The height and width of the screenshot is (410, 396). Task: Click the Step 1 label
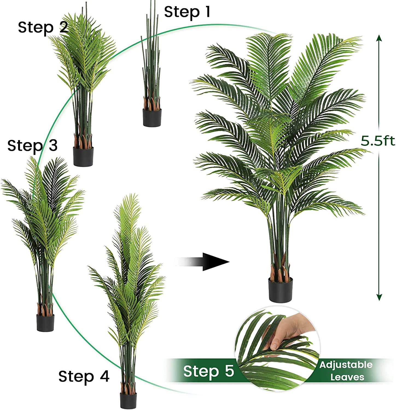tap(187, 12)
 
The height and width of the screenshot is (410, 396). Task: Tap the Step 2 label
tap(43, 27)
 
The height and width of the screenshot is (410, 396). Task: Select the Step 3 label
tap(33, 145)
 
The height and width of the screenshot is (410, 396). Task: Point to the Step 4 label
tap(84, 376)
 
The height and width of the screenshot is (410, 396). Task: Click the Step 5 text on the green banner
tap(209, 371)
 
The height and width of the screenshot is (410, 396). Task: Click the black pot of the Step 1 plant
tap(152, 118)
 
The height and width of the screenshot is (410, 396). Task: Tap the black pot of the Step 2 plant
tap(83, 156)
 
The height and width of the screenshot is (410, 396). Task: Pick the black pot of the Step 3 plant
tap(45, 323)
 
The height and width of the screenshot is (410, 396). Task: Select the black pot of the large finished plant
tap(280, 290)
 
